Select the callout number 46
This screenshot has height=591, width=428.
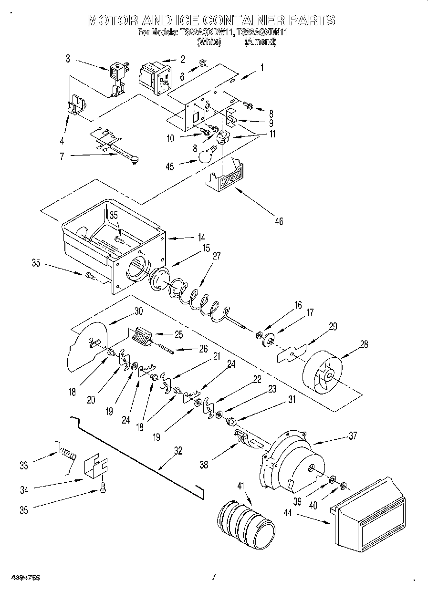279,221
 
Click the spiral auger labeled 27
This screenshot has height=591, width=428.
196,301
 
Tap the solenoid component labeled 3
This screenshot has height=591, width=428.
117,78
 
